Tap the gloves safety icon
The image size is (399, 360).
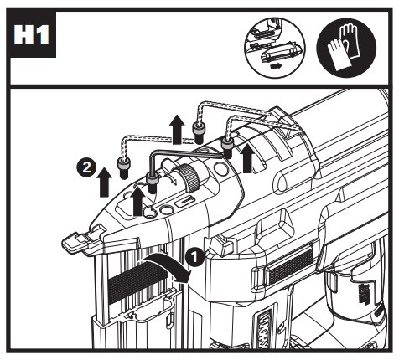pyautogui.click(x=346, y=48)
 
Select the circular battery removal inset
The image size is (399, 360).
pyautogui.click(x=275, y=48)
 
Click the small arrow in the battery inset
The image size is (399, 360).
pyautogui.click(x=276, y=67)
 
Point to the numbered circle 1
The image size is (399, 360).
pyautogui.click(x=194, y=257)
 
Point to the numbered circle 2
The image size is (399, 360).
pyautogui.click(x=86, y=168)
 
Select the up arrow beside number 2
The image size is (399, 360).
pyautogui.click(x=105, y=182)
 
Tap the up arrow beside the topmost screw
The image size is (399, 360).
pyautogui.click(x=178, y=130)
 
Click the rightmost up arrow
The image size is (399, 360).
pyautogui.click(x=247, y=158)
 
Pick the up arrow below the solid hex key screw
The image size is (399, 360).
pyautogui.click(x=137, y=201)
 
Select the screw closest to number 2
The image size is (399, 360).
pyautogui.click(x=123, y=168)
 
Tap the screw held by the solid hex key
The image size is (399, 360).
pyautogui.click(x=153, y=183)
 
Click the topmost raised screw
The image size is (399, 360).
pyautogui.click(x=198, y=133)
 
